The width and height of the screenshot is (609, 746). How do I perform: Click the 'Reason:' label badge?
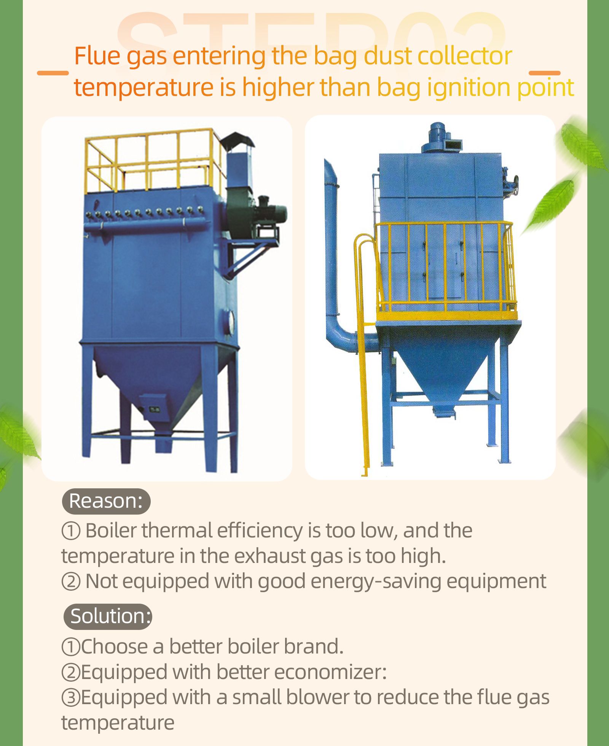pyautogui.click(x=106, y=501)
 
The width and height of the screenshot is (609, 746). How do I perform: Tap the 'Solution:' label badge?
pyautogui.click(x=107, y=617)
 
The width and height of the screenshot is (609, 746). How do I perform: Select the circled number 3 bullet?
pyautogui.click(x=71, y=698)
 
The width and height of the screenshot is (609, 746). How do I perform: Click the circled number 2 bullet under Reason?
pyautogui.click(x=71, y=582)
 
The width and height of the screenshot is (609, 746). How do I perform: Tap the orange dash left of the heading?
pyautogui.click(x=53, y=73)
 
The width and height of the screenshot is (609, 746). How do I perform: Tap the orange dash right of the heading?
pyautogui.click(x=545, y=73)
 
